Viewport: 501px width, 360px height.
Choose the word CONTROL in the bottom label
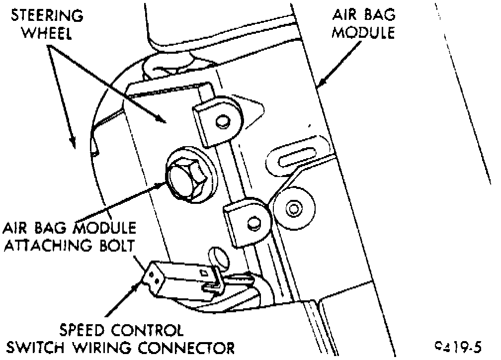click(x=145, y=330)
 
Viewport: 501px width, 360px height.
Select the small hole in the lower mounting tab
click(x=253, y=221)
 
